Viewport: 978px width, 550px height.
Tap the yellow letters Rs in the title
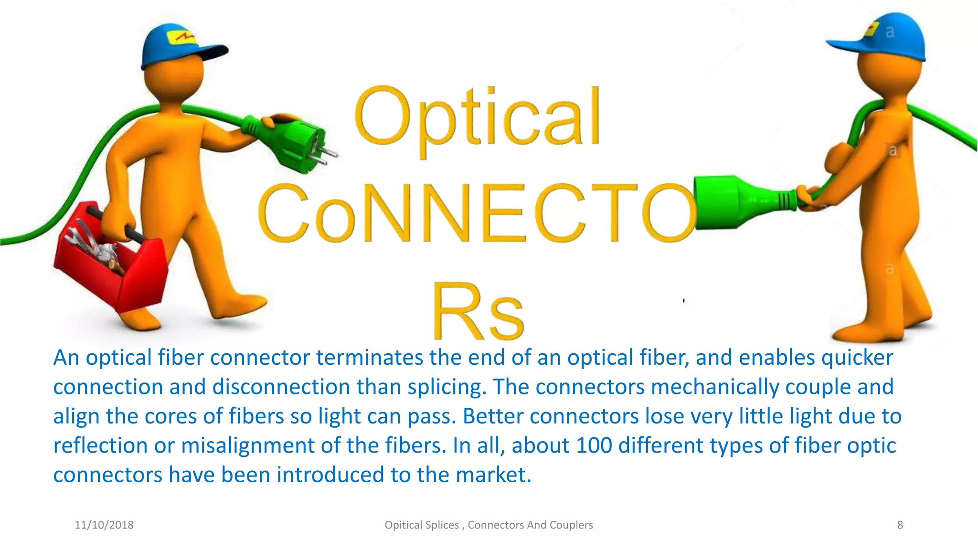[478, 311]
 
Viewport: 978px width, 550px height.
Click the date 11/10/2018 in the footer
[104, 525]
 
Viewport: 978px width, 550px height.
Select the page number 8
[900, 525]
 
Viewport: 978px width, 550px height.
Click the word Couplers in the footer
[571, 525]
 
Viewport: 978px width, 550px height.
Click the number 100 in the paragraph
[594, 445]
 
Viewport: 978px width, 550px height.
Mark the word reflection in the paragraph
[100, 445]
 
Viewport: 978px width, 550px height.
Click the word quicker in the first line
[857, 358]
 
